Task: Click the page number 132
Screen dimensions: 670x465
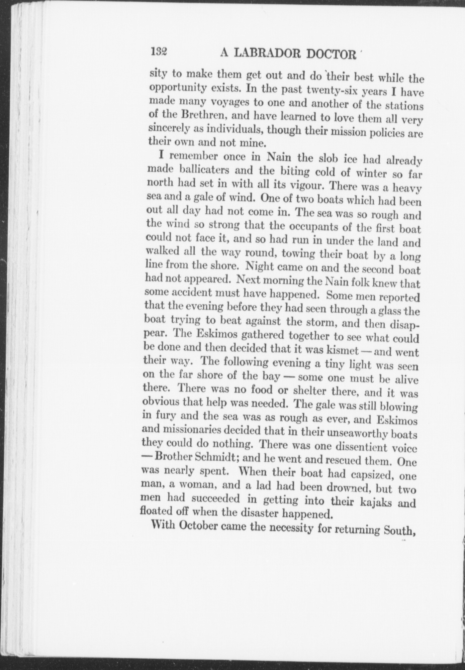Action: pyautogui.click(x=160, y=52)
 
